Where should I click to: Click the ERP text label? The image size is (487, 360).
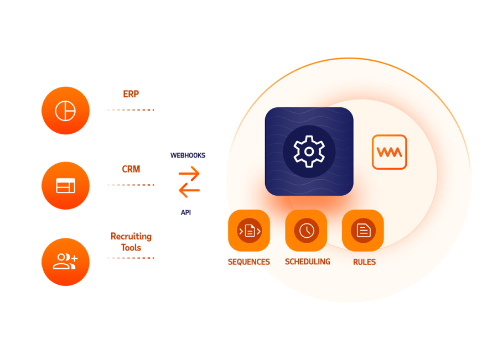click(x=131, y=94)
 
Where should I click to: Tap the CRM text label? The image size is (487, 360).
click(x=131, y=169)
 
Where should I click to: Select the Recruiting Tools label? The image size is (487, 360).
click(x=131, y=242)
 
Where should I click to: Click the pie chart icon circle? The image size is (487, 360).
click(x=65, y=111)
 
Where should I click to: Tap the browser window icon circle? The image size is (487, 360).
click(x=65, y=186)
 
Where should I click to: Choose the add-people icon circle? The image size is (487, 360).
click(x=65, y=262)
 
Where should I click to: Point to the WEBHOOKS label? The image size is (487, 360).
click(x=188, y=155)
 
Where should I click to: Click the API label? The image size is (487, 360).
click(x=186, y=212)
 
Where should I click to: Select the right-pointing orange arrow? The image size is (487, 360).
click(x=189, y=174)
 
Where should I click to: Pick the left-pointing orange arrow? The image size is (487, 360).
click(x=189, y=191)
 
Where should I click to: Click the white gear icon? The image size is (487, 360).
click(x=309, y=151)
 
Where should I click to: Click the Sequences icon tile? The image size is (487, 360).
click(x=248, y=231)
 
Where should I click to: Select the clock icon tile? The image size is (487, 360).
click(x=306, y=231)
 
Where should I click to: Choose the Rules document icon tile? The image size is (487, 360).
click(x=363, y=231)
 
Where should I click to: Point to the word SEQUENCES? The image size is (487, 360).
click(x=248, y=262)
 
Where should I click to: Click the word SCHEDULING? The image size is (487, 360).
click(x=307, y=262)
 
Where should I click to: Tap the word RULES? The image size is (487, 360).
click(x=364, y=262)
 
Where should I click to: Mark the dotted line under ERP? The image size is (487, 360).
click(x=128, y=110)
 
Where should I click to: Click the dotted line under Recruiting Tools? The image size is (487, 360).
click(x=128, y=258)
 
